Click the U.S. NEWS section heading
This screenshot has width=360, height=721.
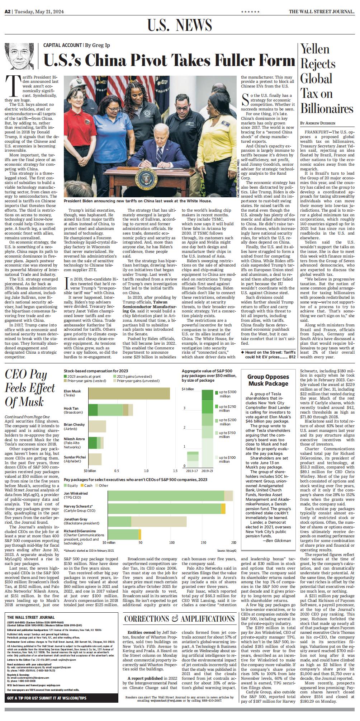pyautogui.click(x=179, y=25)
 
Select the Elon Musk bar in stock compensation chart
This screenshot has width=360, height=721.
pyautogui.click(x=129, y=393)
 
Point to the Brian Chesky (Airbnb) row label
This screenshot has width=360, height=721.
pyautogui.click(x=74, y=427)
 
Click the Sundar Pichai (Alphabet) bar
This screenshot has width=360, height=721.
pyautogui.click(x=95, y=459)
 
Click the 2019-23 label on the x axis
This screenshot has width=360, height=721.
pyautogui.click(x=207, y=471)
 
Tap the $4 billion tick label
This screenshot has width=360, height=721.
pyautogui.click(x=188, y=389)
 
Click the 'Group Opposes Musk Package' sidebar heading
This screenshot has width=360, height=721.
pyautogui.click(x=268, y=380)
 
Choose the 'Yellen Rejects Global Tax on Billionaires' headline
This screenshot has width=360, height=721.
pyautogui.click(x=326, y=79)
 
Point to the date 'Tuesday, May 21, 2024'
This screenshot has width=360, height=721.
pyautogui.click(x=39, y=11)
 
